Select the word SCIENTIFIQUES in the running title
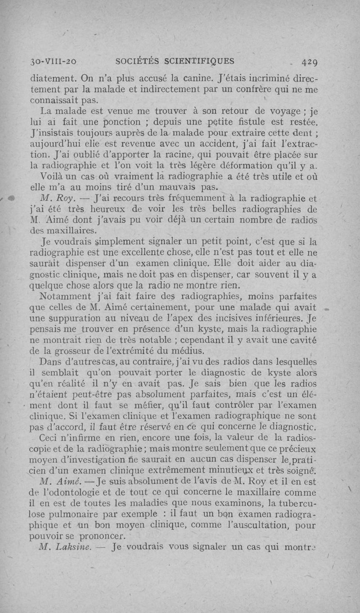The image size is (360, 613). (x=198, y=61)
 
